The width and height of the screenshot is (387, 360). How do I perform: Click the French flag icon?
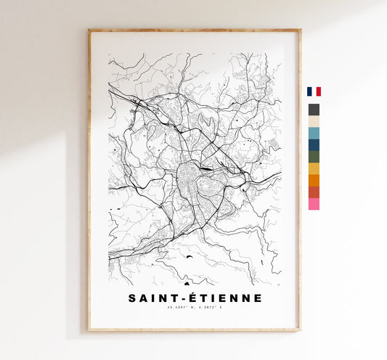[314, 91]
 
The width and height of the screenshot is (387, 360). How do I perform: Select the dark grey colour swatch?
[314, 110]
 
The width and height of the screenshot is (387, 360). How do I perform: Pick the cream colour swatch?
[314, 121]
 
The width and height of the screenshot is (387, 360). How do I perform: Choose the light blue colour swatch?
[314, 133]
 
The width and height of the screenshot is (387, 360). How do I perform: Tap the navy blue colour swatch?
[314, 144]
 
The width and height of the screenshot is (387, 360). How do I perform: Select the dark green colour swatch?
[314, 156]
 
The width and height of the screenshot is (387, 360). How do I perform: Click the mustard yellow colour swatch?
[314, 168]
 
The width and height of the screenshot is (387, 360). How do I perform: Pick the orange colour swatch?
[314, 180]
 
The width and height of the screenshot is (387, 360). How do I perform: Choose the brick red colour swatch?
[314, 192]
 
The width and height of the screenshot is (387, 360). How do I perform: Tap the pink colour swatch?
[314, 204]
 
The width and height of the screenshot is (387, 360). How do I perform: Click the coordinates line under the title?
[194, 310]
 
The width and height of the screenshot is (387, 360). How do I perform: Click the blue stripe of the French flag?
[309, 91]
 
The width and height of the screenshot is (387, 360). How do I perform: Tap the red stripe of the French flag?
[318, 91]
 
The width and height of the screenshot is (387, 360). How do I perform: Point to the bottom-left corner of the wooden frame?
[89, 330]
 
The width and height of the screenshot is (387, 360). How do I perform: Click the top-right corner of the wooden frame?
[299, 30]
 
